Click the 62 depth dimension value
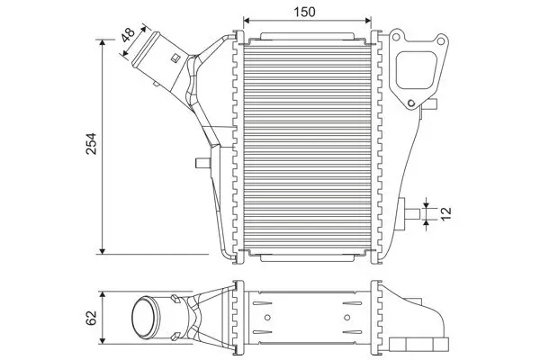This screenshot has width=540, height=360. [90, 318]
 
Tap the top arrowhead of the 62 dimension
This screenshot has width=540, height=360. [104, 295]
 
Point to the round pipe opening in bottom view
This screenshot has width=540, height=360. [144, 317]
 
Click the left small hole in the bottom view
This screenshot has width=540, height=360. [267, 317]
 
